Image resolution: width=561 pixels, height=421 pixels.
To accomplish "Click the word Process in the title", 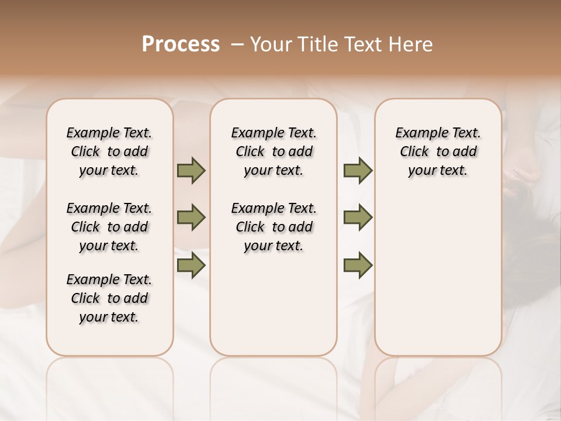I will [x=181, y=44].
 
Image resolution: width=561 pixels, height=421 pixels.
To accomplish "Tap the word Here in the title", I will [x=412, y=44].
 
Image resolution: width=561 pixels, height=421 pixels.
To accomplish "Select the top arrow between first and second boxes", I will [x=191, y=171].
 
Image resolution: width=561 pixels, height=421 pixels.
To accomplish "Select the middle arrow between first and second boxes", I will [x=191, y=218].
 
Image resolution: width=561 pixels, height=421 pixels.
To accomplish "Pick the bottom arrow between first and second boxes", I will [x=191, y=265].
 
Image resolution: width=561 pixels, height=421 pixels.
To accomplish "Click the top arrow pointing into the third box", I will [x=358, y=171].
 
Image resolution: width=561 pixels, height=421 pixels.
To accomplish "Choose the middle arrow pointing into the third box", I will [x=358, y=218].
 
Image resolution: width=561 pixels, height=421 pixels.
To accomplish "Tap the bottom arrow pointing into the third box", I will [x=358, y=265].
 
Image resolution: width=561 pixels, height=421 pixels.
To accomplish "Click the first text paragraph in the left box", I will [x=109, y=151].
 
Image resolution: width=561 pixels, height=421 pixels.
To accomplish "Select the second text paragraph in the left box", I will [x=109, y=227].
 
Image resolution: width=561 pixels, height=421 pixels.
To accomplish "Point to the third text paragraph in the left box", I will [x=109, y=298].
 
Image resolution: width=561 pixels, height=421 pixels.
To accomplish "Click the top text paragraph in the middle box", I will [x=273, y=151].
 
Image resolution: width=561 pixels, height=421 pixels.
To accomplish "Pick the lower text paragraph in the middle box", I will [x=273, y=227].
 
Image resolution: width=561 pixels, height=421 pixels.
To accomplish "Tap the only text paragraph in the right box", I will [x=438, y=151].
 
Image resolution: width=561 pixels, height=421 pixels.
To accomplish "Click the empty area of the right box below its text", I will [x=438, y=269].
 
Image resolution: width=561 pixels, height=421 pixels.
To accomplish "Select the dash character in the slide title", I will [x=237, y=44].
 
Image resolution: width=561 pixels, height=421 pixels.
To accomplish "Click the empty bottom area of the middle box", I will [x=273, y=310].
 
